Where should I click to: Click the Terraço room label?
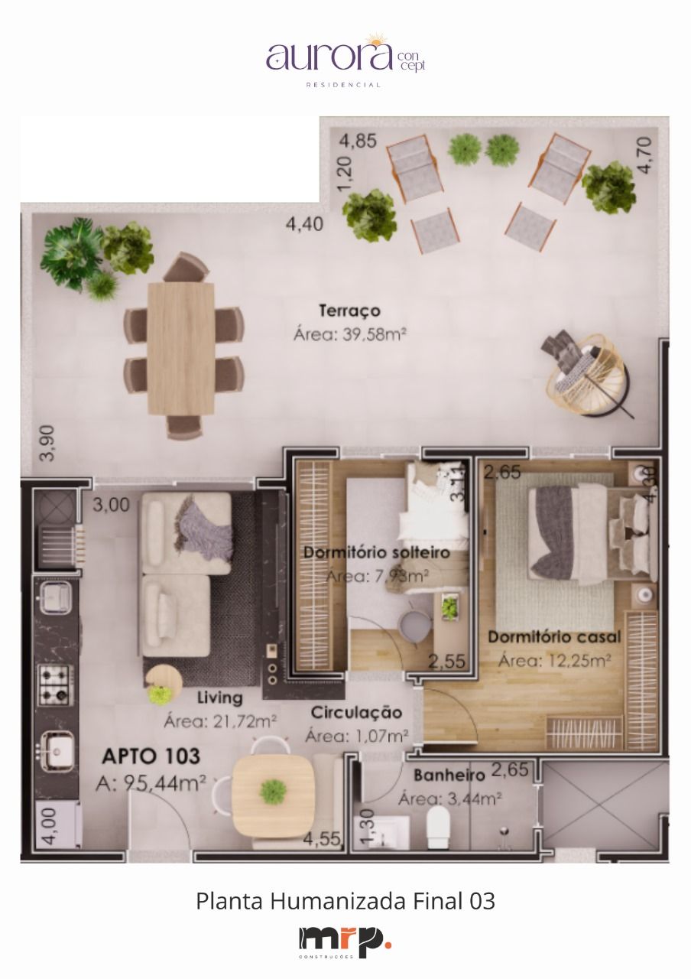pos(349,311)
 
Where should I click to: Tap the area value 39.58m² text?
pos(349,334)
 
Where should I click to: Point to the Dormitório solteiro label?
pos(375,552)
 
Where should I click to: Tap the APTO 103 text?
pos(151,757)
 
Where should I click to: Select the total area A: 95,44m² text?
pos(151,782)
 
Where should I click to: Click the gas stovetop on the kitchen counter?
pos(55,685)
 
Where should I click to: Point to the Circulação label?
pos(356,713)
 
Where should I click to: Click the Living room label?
pos(219,698)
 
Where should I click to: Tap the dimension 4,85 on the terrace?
pos(358,141)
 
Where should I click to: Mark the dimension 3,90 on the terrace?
pos(47,443)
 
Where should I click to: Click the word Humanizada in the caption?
pos(338,901)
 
